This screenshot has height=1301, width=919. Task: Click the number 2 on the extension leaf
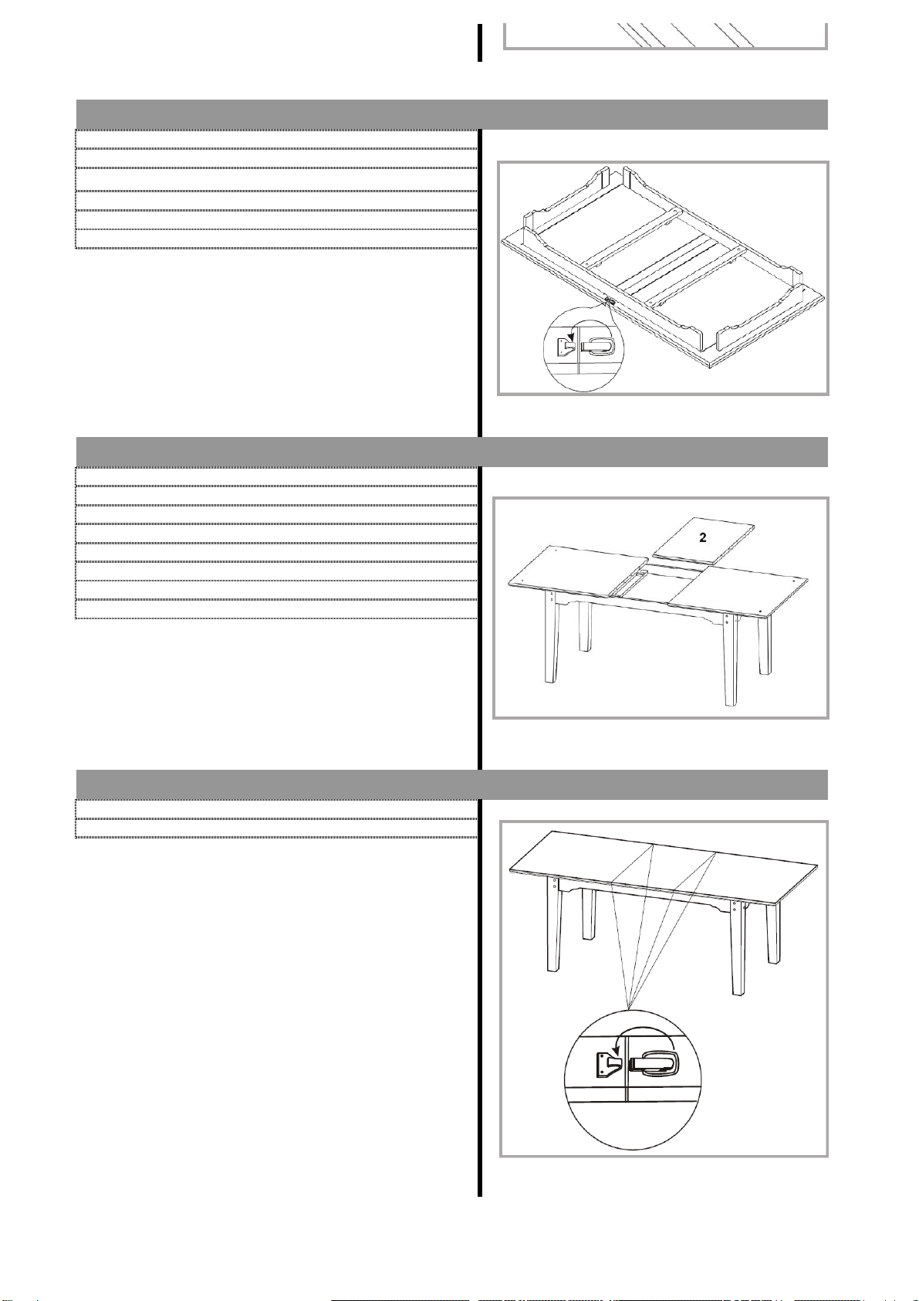702,538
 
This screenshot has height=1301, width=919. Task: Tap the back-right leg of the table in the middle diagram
764,645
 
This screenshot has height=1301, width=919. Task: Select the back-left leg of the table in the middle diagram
585,627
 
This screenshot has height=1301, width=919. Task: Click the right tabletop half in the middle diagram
738,590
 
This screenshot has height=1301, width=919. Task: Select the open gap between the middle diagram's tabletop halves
659,582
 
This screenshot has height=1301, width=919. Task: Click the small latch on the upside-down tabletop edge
610,301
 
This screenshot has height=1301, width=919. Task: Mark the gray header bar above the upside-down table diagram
451,114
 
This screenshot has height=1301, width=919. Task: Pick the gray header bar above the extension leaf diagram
451,451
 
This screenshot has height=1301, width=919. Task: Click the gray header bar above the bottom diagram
451,784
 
